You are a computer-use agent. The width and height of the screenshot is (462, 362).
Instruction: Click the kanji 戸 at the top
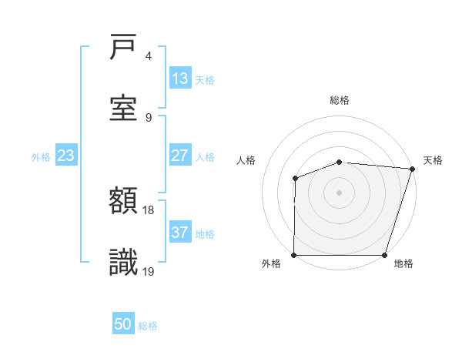point(124,49)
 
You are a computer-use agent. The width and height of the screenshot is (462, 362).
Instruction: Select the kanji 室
point(124,108)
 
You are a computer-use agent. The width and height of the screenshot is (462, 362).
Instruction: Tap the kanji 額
point(124,201)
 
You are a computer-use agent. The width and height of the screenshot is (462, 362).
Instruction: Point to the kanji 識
point(124,263)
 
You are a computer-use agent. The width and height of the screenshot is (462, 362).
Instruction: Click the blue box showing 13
point(180,79)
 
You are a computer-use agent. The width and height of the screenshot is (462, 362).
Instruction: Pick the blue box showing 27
point(180,156)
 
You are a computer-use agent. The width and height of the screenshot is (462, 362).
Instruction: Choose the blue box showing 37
point(180,233)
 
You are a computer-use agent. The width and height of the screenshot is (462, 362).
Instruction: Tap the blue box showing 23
point(66,156)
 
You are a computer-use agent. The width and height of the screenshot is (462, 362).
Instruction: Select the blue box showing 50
point(123,324)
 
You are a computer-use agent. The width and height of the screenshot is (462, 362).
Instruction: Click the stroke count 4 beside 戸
point(149,56)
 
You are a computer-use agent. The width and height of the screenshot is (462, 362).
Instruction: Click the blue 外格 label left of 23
point(41,157)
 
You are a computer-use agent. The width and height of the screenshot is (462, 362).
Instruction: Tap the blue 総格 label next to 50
point(148,326)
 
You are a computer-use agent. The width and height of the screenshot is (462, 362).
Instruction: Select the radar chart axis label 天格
point(433,160)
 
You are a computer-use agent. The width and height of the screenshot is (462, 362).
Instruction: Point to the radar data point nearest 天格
point(412,169)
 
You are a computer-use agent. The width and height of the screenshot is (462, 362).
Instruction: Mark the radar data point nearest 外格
point(294,255)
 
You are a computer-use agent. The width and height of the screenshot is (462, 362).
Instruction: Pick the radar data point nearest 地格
point(385,255)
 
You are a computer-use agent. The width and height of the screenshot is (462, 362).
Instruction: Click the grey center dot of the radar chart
point(339,192)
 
